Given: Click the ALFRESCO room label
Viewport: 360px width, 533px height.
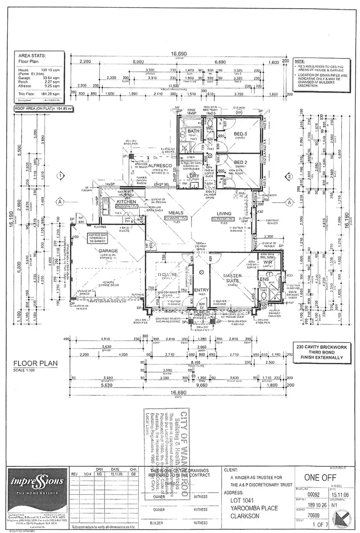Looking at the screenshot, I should click(151, 165).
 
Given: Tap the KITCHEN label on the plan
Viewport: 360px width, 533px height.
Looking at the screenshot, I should click(125, 202).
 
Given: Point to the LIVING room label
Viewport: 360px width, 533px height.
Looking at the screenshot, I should click(224, 213).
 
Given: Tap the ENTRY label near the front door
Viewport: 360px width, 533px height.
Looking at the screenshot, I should click(201, 290).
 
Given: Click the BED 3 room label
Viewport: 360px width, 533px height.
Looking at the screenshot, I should click(240, 133).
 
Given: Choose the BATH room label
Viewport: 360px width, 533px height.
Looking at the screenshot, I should click(193, 131).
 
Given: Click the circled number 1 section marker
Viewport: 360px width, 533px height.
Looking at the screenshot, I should click(60, 176).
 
